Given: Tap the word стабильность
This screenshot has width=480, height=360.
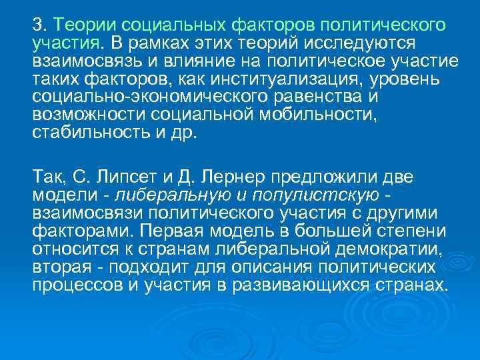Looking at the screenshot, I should (x=89, y=133).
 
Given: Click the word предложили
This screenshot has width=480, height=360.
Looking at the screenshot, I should (x=329, y=178).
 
